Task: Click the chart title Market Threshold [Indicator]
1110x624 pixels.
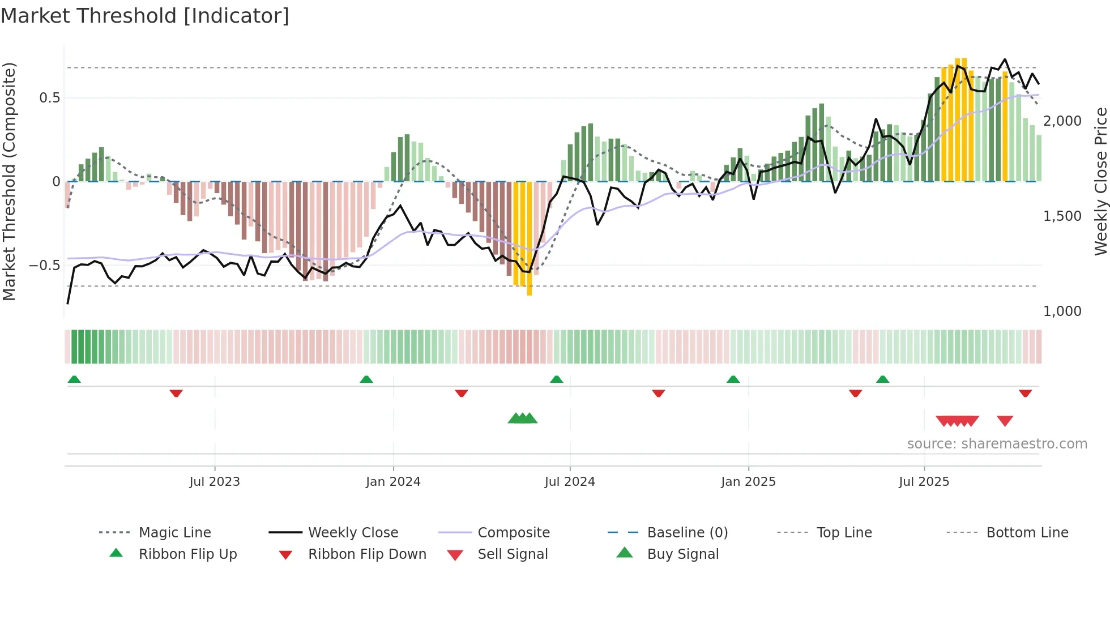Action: (145, 16)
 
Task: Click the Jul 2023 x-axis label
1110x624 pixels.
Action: (215, 482)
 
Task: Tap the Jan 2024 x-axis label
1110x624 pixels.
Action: (393, 482)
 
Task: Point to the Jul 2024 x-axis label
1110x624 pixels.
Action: (570, 482)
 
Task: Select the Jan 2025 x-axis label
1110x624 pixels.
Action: (748, 482)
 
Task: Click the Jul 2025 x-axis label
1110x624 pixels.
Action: (924, 482)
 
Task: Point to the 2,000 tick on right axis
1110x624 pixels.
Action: (1062, 121)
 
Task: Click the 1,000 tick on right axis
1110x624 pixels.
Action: (1062, 311)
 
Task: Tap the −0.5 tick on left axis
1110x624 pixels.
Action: (45, 266)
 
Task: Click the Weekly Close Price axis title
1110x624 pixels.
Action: (1100, 181)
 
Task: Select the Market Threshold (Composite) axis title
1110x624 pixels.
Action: (9, 181)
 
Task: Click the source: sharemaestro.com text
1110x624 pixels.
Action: (997, 444)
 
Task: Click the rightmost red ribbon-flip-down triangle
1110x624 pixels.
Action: (1025, 393)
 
